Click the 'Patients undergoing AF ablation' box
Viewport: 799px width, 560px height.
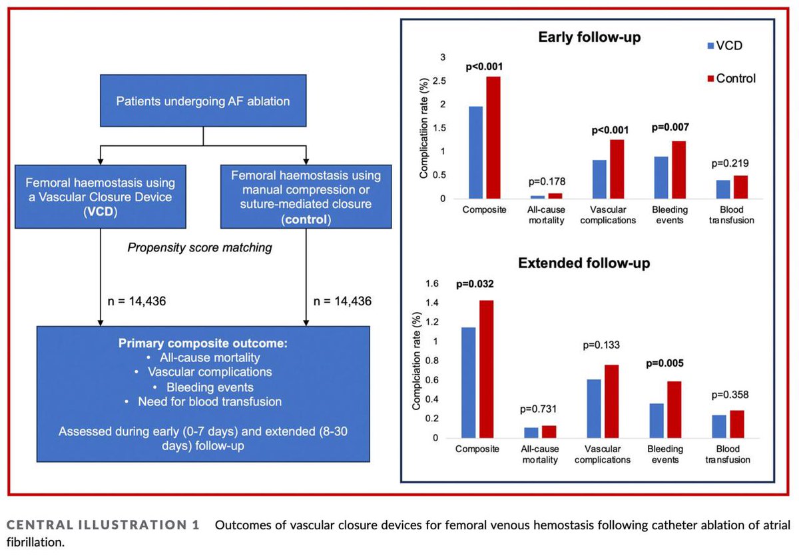coord(202,102)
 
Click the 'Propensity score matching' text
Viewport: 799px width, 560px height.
coord(200,247)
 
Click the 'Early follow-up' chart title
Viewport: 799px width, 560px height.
coord(589,38)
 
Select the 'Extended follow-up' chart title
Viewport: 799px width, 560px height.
coord(583,263)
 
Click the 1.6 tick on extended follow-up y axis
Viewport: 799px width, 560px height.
coord(432,283)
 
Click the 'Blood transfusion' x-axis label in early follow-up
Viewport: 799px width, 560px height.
coord(731,215)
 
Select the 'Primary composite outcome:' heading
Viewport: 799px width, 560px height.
coord(202,344)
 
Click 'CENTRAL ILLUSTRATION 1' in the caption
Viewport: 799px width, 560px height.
coord(103,525)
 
